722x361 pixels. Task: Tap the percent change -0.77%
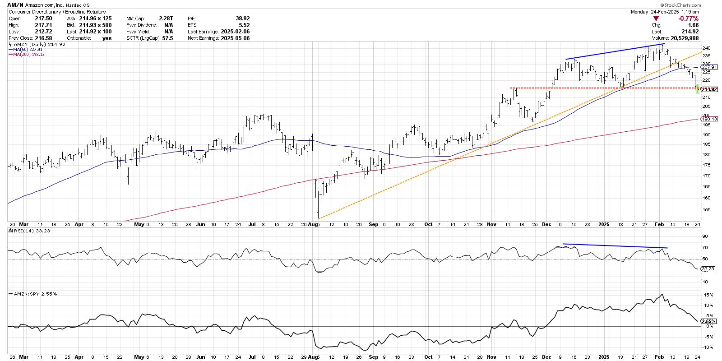(x=689, y=19)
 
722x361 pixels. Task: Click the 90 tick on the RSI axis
(x=703, y=236)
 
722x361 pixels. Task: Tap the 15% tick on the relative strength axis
(x=705, y=295)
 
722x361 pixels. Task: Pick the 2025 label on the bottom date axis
(x=604, y=357)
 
